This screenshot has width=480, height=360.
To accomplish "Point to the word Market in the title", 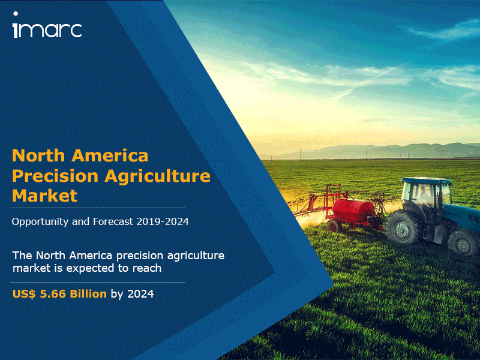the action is tap(44, 196).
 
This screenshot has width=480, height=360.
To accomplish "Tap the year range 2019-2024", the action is tap(163, 221).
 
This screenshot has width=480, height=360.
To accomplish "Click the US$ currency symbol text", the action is tap(24, 294).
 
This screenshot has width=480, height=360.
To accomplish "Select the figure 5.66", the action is tap(53, 294).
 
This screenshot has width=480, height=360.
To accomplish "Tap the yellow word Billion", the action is tap(88, 294).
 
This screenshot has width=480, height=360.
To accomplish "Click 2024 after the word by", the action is tap(140, 294).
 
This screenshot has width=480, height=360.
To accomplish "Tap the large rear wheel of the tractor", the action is tap(402, 227).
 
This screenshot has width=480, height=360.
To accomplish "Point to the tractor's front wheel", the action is tap(463, 242).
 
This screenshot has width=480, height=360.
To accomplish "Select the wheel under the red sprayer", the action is tap(334, 226).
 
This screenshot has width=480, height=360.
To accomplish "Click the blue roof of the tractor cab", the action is tap(427, 181).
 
